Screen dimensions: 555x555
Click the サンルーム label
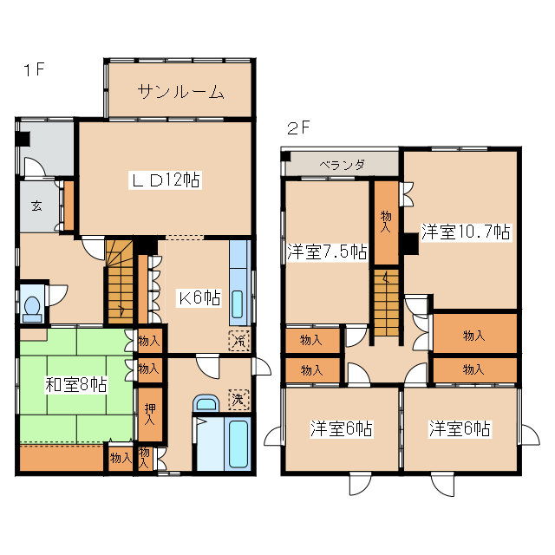[x=181, y=92]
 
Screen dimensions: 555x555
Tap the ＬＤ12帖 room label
[x=166, y=180]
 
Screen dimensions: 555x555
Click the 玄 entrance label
[x=38, y=206]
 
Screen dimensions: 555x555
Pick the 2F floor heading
[x=298, y=129]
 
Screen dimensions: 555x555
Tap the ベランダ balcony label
[x=342, y=164]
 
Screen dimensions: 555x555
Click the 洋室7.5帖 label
[x=327, y=252]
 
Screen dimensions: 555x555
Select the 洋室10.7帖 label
[x=466, y=232]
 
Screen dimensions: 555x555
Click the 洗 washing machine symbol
[x=237, y=401]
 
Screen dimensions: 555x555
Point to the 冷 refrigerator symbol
[x=237, y=341]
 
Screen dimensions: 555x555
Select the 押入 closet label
[x=150, y=413]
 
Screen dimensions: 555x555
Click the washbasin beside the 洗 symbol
[x=206, y=403]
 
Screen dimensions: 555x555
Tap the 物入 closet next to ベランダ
[x=386, y=221]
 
